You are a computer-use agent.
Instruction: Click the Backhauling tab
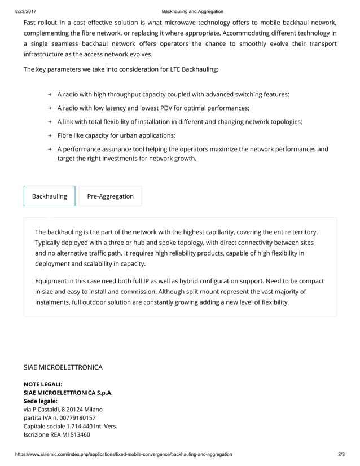[49, 196]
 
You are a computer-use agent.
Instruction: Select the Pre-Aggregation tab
[111, 196]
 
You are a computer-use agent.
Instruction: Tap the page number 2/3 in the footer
[340, 454]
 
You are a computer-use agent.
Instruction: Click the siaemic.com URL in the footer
[124, 454]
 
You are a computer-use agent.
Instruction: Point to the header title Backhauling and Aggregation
[192, 11]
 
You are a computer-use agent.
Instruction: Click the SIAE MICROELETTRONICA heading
[63, 367]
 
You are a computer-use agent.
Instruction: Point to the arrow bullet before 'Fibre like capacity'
[50, 135]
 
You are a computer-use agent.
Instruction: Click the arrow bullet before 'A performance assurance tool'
[50, 149]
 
